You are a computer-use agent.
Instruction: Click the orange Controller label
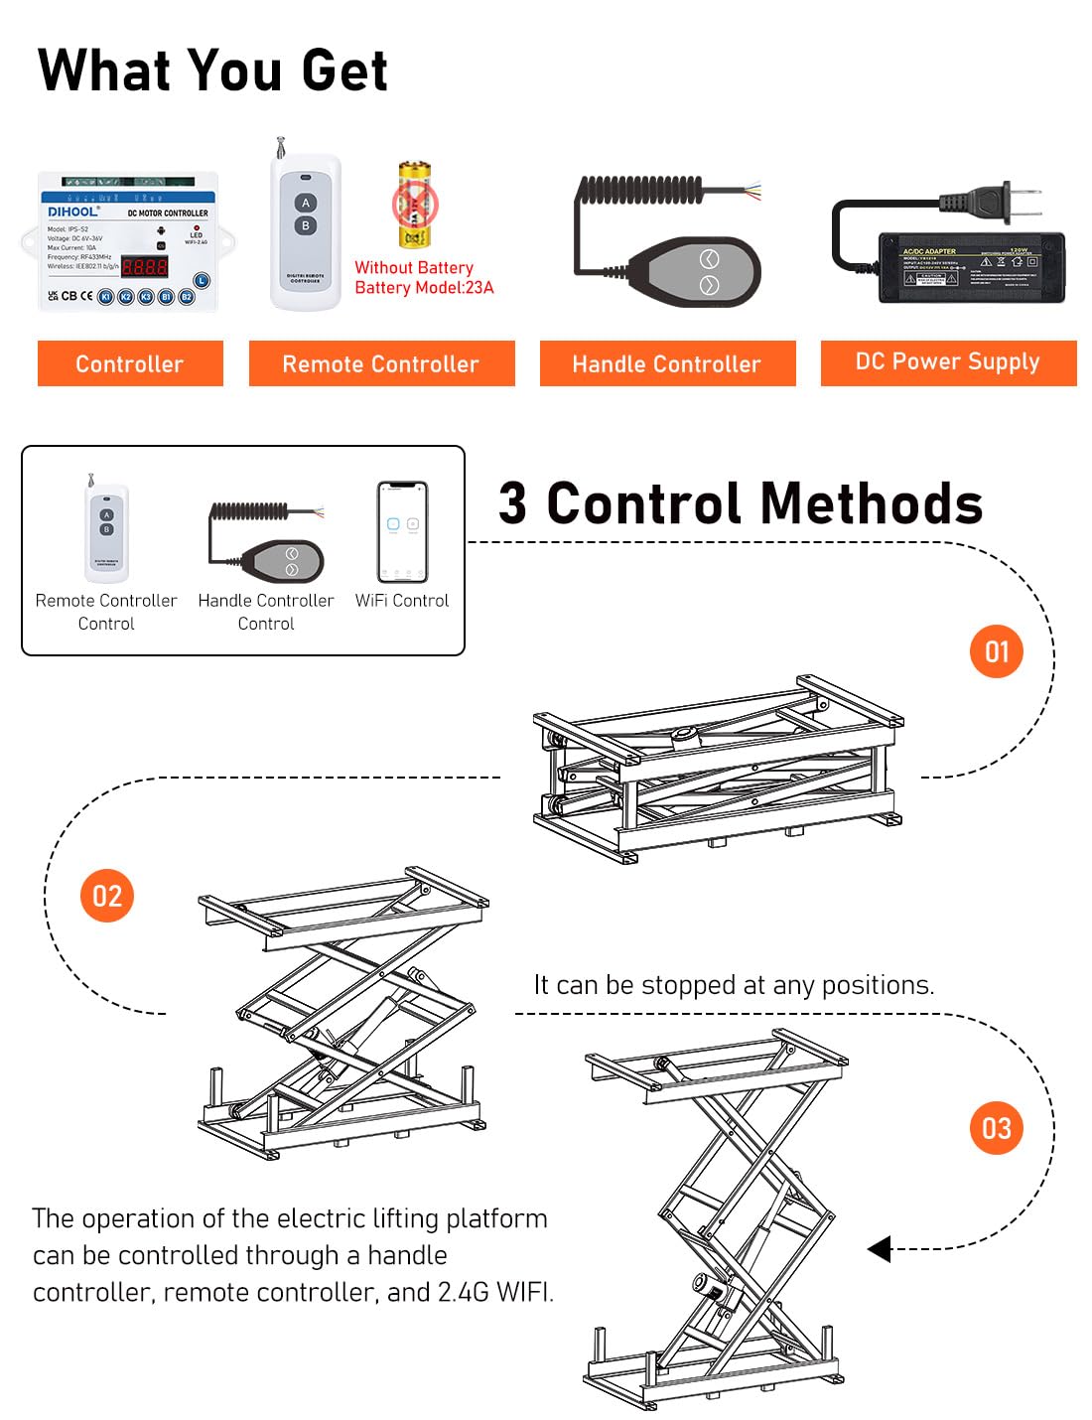click(x=130, y=363)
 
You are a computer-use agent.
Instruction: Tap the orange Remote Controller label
click(x=381, y=363)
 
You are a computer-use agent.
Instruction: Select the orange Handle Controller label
click(x=667, y=363)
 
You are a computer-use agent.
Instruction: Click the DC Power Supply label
click(x=948, y=361)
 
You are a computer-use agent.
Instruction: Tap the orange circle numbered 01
click(x=996, y=651)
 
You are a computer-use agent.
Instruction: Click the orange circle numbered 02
click(x=107, y=896)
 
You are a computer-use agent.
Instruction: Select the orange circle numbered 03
click(x=996, y=1128)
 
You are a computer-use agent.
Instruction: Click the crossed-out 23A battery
click(x=414, y=207)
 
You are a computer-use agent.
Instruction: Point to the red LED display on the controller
click(x=144, y=266)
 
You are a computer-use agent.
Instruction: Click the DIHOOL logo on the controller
click(x=73, y=212)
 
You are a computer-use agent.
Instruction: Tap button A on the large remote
click(x=306, y=203)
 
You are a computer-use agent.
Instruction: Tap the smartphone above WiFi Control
click(x=402, y=531)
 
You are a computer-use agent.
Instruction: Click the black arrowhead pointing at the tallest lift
click(x=879, y=1248)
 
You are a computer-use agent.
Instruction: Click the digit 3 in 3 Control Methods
click(x=512, y=503)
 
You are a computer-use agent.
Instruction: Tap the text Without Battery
click(x=414, y=267)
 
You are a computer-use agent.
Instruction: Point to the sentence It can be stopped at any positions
click(x=734, y=984)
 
